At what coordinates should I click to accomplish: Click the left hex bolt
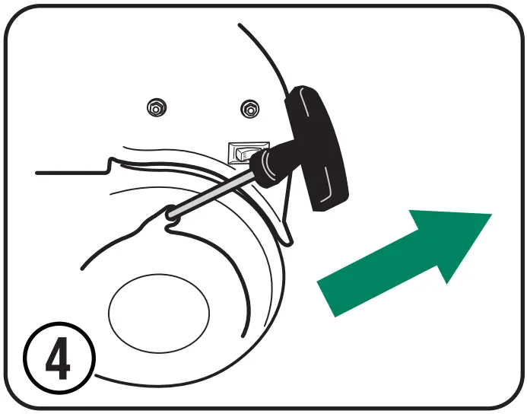(x=155, y=110)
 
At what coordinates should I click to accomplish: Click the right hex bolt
(x=248, y=110)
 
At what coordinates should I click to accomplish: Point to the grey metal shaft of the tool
(x=213, y=190)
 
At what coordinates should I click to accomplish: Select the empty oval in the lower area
(x=158, y=310)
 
